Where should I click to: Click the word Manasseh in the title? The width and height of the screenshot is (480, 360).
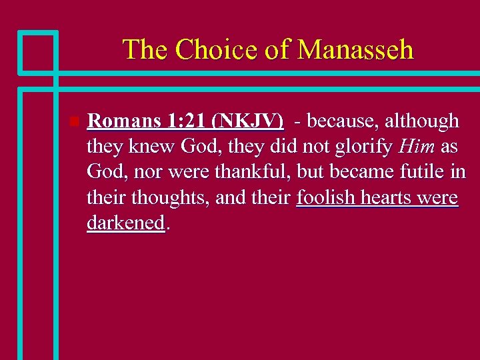(355, 49)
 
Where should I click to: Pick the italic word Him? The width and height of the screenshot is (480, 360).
(416, 147)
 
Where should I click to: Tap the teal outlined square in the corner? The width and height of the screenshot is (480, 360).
(37, 51)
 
